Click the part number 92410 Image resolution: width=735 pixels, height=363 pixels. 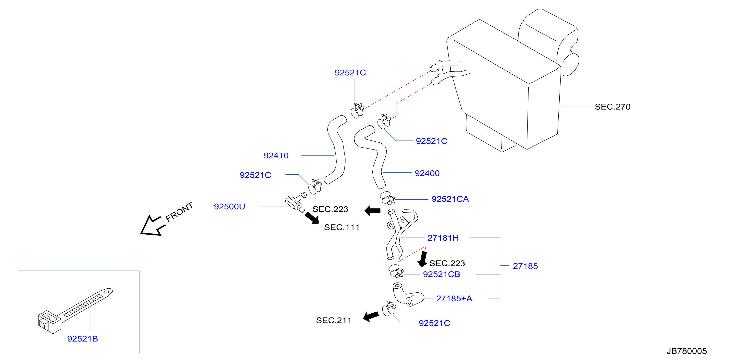(x=276, y=155)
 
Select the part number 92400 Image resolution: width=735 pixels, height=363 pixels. (x=427, y=173)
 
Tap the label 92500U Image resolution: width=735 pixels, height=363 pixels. (x=230, y=206)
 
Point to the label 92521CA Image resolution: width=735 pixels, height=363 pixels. (x=450, y=199)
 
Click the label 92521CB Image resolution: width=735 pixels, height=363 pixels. (x=441, y=274)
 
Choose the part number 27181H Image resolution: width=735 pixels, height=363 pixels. (x=443, y=238)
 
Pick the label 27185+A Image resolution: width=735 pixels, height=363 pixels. (x=454, y=299)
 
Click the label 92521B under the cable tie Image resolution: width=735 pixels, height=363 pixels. (x=82, y=339)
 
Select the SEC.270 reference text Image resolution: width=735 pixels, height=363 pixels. (x=612, y=107)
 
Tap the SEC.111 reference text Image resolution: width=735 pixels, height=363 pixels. (x=342, y=227)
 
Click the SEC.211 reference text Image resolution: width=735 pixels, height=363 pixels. (x=333, y=320)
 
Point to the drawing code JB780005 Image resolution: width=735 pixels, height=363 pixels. (x=687, y=351)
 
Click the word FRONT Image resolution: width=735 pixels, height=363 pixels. (x=179, y=212)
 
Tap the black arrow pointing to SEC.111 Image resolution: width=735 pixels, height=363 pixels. (x=312, y=218)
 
